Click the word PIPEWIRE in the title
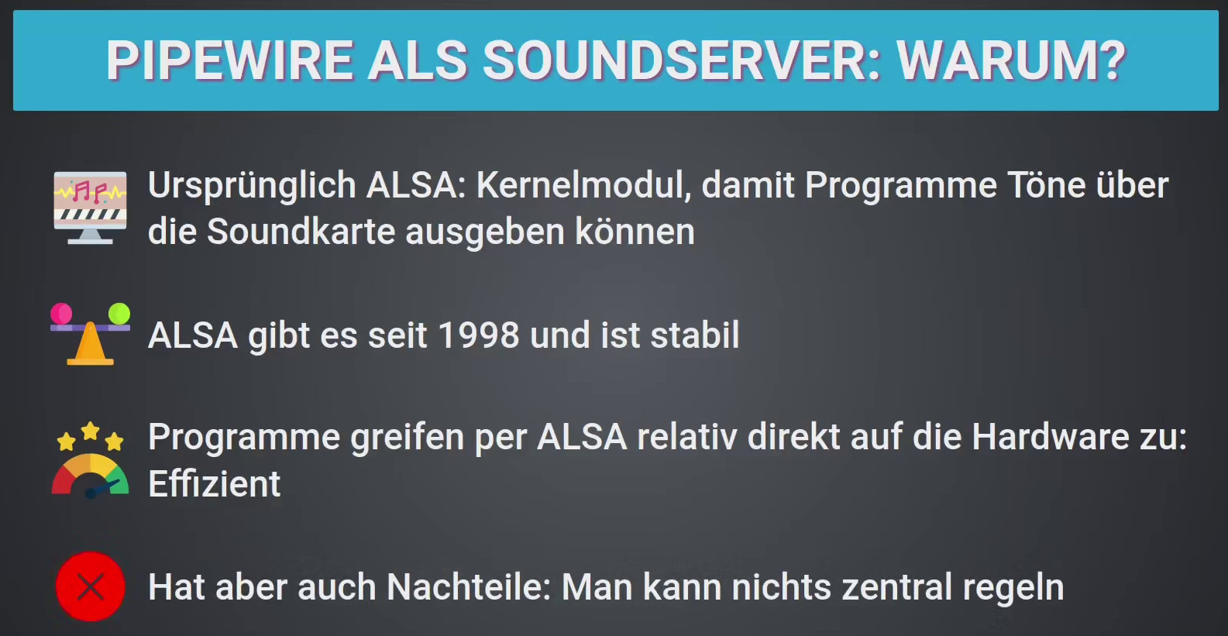point(229,60)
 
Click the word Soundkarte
point(301,232)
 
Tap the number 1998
point(479,335)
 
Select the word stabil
point(695,335)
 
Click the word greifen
point(408,438)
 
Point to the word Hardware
point(1051,437)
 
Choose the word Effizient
point(215,483)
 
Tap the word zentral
point(897,587)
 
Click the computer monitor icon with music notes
point(91,208)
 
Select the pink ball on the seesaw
point(61,314)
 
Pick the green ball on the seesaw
point(119,314)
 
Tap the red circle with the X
point(91,586)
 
